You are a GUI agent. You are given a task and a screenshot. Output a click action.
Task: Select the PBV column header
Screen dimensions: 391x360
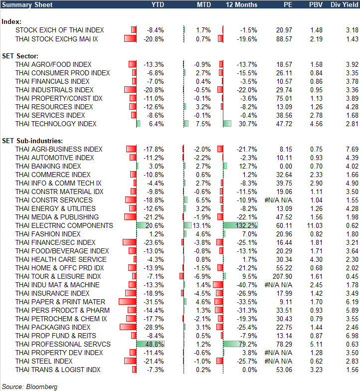(316, 4)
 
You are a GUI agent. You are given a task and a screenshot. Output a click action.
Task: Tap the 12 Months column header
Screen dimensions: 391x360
(242, 4)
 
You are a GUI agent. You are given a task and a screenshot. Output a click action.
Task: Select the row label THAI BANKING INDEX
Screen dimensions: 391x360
(48, 166)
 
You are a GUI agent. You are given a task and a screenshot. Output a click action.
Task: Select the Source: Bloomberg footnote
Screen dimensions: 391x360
(29, 387)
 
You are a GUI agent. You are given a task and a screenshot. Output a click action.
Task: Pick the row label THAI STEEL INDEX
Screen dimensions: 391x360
(44, 361)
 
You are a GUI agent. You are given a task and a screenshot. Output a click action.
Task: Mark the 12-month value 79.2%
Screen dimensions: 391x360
(248, 344)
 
